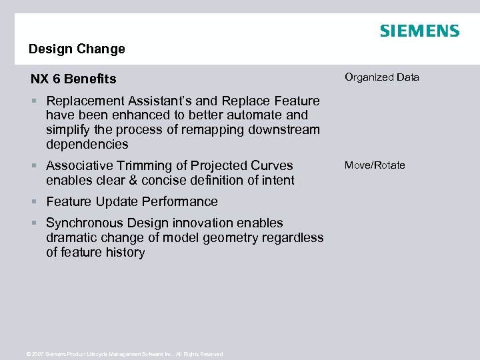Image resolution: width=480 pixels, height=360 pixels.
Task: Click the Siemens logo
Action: point(419,31)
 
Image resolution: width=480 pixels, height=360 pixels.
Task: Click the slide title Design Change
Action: point(77,49)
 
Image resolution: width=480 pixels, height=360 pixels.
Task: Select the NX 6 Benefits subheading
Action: point(73,79)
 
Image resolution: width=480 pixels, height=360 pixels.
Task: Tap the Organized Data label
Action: point(382,77)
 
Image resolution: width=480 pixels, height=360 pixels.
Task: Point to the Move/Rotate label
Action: point(375,165)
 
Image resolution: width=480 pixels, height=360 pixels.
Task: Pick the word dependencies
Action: point(87,145)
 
